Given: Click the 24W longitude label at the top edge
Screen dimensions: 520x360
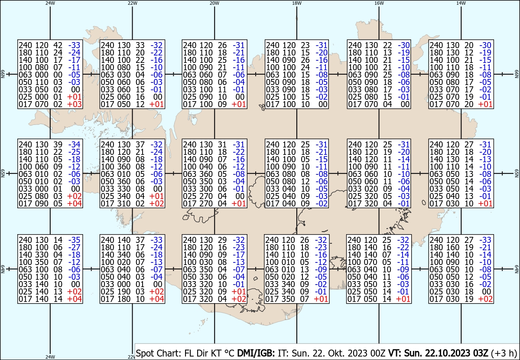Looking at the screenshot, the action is coord(50,3).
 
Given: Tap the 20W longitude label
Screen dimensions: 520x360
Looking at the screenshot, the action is coord(214,3).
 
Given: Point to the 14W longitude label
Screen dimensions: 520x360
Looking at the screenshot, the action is coord(461,3).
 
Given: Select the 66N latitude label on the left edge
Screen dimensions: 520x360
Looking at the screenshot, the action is coord(3,74).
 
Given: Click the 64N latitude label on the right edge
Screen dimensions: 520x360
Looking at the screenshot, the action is coord(517,269).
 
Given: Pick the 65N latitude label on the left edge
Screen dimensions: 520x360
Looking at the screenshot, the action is coord(3,173).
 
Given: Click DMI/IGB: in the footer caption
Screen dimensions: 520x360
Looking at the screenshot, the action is coord(256,353).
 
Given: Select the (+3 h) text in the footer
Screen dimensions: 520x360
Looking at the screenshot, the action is coord(504,353).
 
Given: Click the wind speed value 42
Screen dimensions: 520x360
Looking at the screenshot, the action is coord(58,45).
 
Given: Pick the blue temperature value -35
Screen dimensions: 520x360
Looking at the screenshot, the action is coord(74,240).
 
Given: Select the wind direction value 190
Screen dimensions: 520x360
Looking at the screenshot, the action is coord(124,291).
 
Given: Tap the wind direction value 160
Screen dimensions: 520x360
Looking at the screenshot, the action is coord(453,247).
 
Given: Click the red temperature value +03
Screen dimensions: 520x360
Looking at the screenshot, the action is coord(74,104).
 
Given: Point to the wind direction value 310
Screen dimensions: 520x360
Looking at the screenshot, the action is coord(124,203).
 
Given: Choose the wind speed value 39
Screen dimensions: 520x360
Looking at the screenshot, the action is coord(58,144).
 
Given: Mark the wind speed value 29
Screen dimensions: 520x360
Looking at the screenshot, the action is coord(222,240).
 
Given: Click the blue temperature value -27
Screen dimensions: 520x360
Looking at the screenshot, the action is coord(74,247).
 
